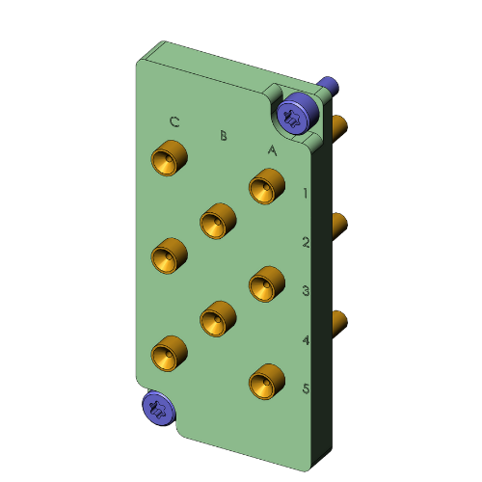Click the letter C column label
[x=174, y=122]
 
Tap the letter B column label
[x=224, y=136]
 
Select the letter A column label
[x=272, y=150]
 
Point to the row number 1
[x=305, y=193]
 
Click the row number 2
[x=305, y=242]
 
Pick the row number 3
[x=305, y=290]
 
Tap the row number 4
[x=305, y=340]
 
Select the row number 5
[x=305, y=389]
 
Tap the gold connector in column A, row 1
[x=267, y=186]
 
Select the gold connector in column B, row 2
[x=218, y=221]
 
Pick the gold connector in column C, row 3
[x=170, y=255]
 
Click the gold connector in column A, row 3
[x=267, y=284]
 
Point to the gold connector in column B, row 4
[x=218, y=318]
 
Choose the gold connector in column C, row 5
[x=170, y=353]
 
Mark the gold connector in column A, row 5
[x=267, y=383]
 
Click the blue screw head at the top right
[x=294, y=115]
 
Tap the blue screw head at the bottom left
[x=158, y=407]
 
